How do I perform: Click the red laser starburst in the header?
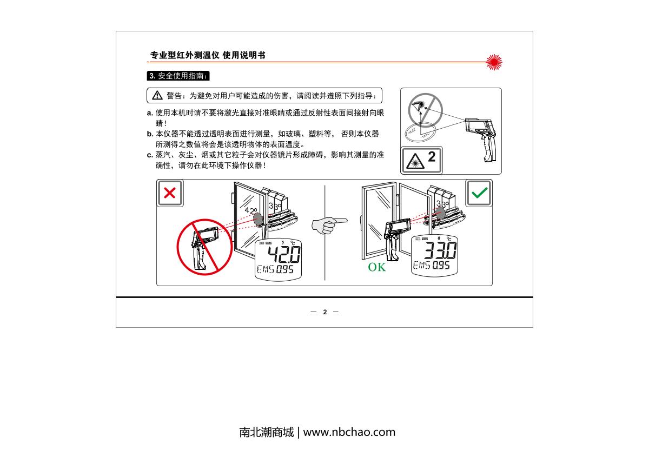coord(494,62)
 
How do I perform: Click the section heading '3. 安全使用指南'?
coord(178,76)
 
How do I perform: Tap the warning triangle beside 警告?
coord(157,95)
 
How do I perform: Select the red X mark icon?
coord(170,193)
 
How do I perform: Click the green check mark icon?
coord(480,193)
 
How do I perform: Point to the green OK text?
coord(376,267)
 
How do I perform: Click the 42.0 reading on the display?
coord(283,254)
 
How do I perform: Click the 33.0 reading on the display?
coord(440,250)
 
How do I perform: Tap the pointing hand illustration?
coord(329,226)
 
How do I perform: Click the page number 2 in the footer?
coord(325,312)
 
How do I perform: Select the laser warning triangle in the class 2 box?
coord(415,161)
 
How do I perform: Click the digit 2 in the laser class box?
coord(432,157)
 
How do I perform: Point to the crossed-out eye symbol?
coord(425,110)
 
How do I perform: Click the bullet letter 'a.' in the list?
coord(150,113)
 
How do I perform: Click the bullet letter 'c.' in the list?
coord(150,155)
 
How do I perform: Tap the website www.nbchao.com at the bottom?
coord(349,432)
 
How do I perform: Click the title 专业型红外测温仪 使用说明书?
coord(208,55)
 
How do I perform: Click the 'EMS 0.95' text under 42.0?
coord(275,269)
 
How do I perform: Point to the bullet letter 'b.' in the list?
coord(150,134)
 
